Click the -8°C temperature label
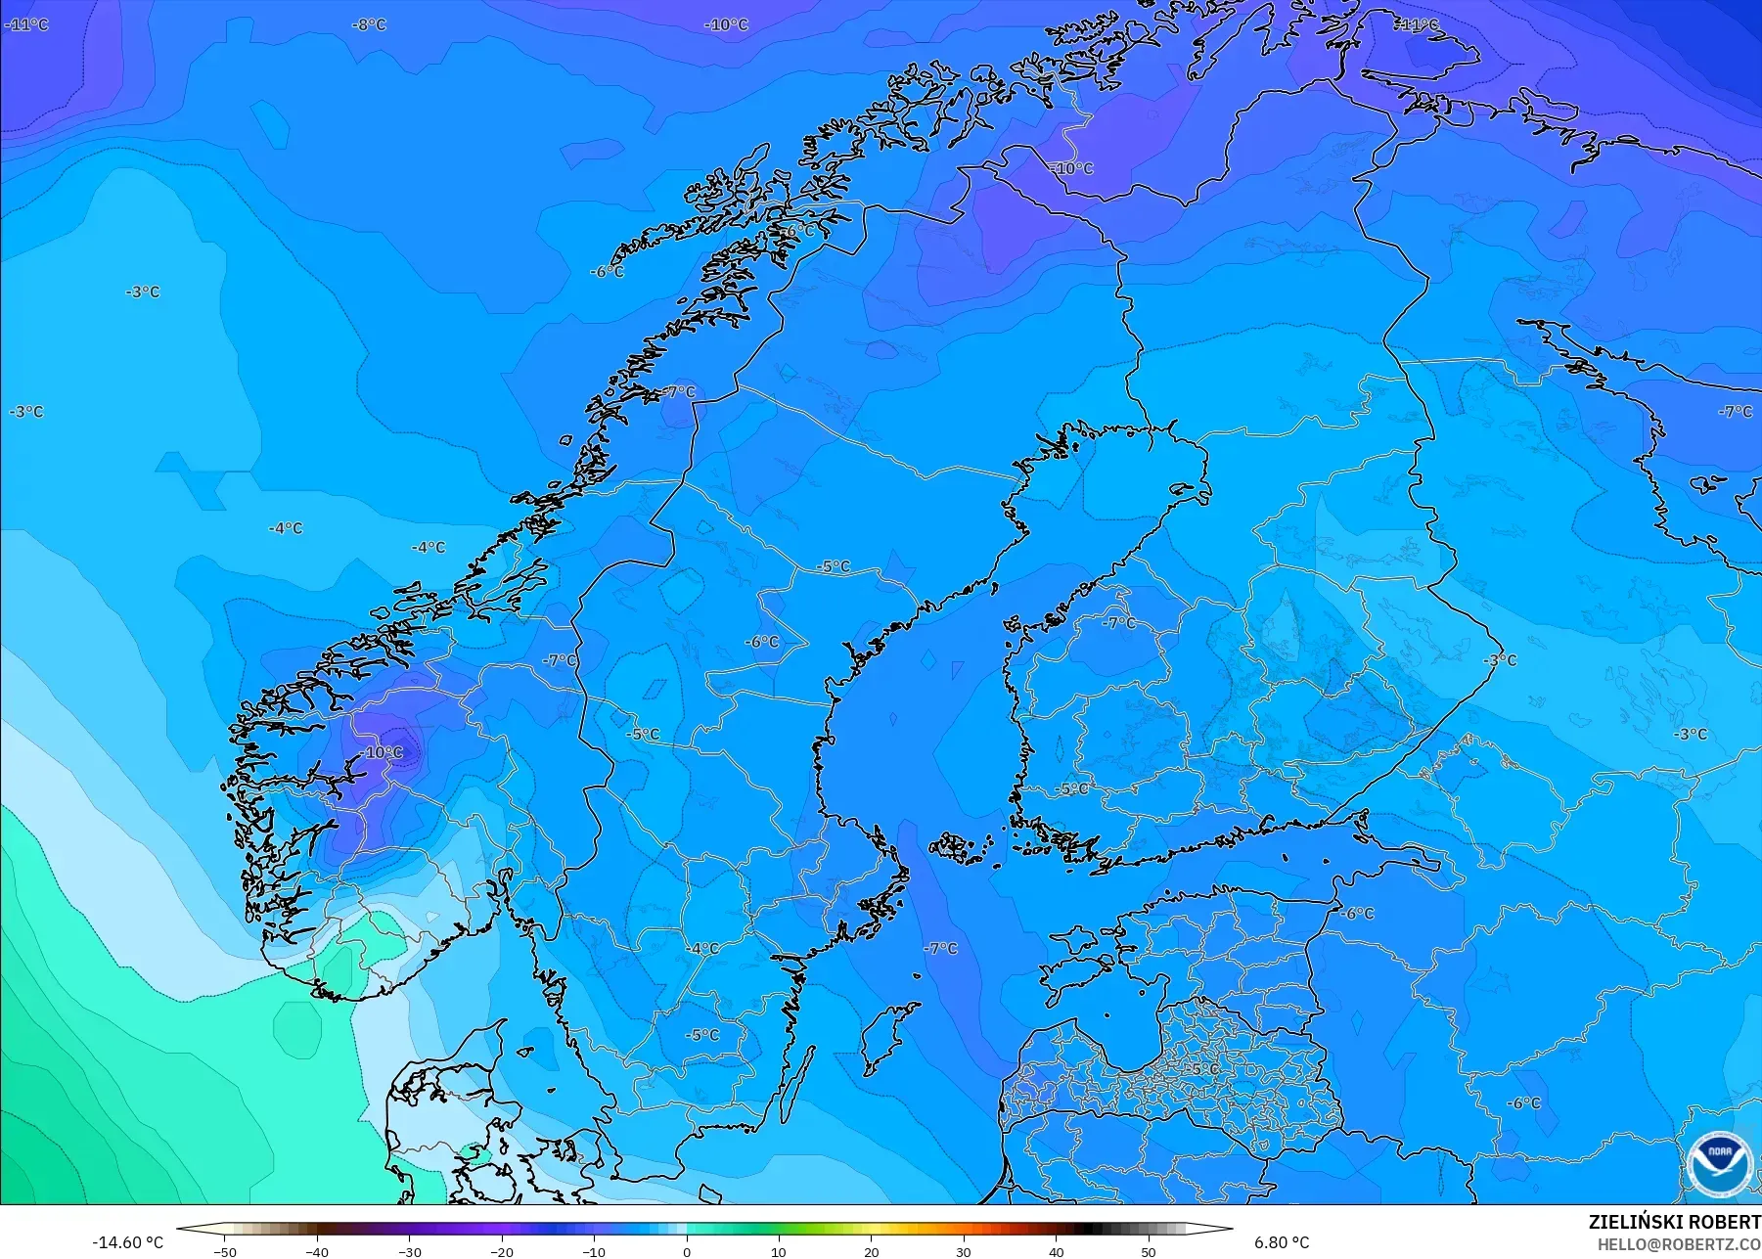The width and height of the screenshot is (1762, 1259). [x=369, y=24]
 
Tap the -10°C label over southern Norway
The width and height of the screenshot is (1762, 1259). [x=381, y=752]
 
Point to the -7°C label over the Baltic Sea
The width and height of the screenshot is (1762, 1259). [x=941, y=948]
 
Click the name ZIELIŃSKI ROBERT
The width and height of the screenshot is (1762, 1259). [x=1674, y=1222]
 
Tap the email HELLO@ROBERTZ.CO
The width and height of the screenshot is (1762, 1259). [x=1679, y=1244]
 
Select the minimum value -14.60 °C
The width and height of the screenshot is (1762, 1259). [x=127, y=1242]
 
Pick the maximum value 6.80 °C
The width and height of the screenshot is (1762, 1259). [x=1282, y=1242]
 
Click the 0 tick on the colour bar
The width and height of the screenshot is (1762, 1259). [x=687, y=1251]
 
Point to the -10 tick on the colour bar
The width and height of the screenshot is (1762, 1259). [x=594, y=1251]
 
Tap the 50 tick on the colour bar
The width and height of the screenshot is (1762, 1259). [x=1149, y=1251]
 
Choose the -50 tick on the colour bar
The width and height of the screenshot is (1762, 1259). [x=225, y=1251]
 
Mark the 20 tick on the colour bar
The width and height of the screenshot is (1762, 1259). [x=872, y=1251]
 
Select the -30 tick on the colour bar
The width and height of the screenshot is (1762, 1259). [x=409, y=1251]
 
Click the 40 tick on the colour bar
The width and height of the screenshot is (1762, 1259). [x=1056, y=1251]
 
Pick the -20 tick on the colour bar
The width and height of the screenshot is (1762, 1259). [x=502, y=1251]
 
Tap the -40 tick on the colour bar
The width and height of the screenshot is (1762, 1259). [x=317, y=1251]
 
